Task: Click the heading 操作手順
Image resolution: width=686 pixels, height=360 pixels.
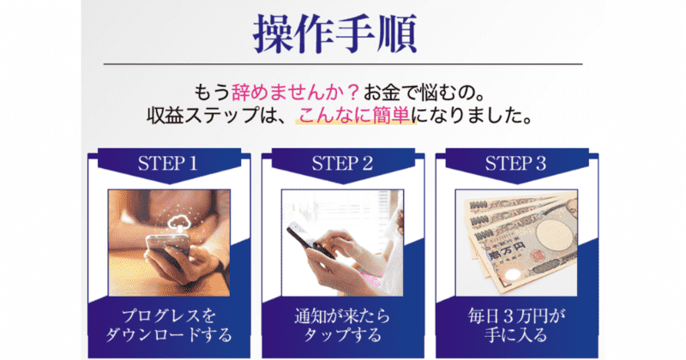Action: [334, 34]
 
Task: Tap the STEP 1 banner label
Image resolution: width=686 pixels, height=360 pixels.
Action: [168, 164]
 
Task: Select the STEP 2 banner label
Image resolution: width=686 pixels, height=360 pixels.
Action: [342, 164]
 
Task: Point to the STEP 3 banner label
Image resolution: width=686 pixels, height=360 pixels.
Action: [516, 164]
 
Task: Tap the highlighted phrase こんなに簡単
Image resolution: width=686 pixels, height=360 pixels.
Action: [354, 115]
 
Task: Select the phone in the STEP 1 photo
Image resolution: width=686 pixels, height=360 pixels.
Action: [168, 251]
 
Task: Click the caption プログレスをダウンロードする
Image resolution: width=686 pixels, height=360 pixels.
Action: [169, 325]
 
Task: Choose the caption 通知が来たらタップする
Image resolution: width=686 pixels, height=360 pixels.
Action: [342, 325]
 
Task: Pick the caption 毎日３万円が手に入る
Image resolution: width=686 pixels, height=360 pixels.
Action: [516, 325]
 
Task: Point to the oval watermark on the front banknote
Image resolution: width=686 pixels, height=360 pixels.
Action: [554, 236]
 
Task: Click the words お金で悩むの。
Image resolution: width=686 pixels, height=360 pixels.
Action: [424, 92]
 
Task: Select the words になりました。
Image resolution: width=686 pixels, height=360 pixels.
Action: [472, 116]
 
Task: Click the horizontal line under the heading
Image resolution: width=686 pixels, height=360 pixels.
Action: [343, 64]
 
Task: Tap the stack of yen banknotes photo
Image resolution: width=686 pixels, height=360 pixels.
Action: [516, 243]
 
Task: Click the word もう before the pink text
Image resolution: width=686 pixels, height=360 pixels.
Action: [212, 92]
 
